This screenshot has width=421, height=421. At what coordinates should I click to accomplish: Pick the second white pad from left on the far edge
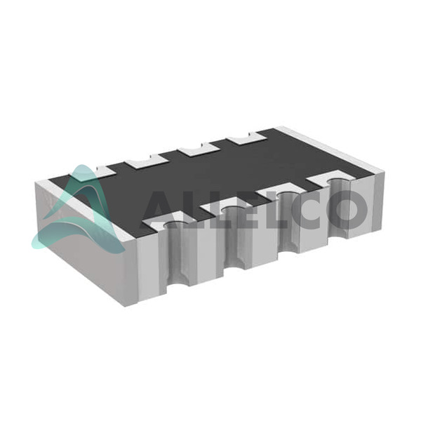[146, 161]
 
